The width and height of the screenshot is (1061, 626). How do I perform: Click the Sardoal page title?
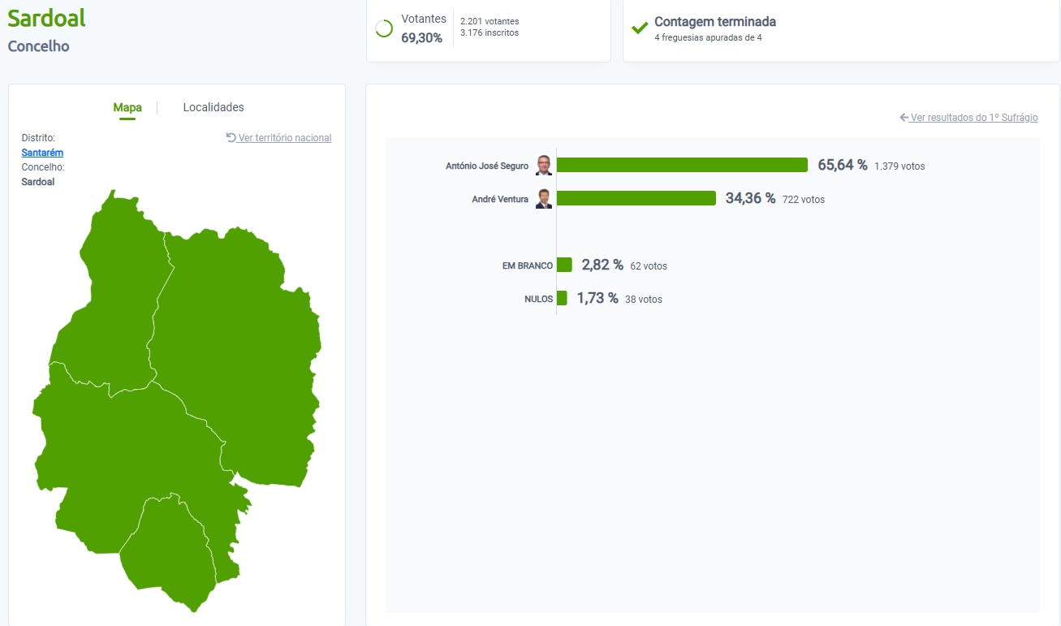46,18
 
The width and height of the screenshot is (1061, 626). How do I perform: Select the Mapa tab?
127,107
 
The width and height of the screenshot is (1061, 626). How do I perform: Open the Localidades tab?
213,107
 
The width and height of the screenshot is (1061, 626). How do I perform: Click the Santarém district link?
42,153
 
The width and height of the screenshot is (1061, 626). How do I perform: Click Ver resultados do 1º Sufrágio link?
968,118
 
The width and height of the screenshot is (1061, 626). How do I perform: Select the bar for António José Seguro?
682,165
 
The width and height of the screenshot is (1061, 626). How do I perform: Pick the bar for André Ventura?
636,198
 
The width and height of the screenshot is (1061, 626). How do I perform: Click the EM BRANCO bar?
564,265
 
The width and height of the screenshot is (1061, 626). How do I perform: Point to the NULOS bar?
562,298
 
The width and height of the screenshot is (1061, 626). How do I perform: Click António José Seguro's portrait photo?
544,165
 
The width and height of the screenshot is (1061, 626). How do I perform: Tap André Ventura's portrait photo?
544,198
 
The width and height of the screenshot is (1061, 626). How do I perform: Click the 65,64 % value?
842,165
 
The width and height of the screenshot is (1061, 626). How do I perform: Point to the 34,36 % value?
750,198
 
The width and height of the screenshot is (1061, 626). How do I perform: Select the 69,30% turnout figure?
421,37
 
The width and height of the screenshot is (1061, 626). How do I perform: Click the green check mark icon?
640,28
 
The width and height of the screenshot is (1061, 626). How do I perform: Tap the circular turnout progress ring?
384,28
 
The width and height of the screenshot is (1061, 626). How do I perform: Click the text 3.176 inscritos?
489,32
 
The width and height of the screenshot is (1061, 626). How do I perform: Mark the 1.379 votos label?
899,166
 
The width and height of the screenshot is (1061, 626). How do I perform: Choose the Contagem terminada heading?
715,22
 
